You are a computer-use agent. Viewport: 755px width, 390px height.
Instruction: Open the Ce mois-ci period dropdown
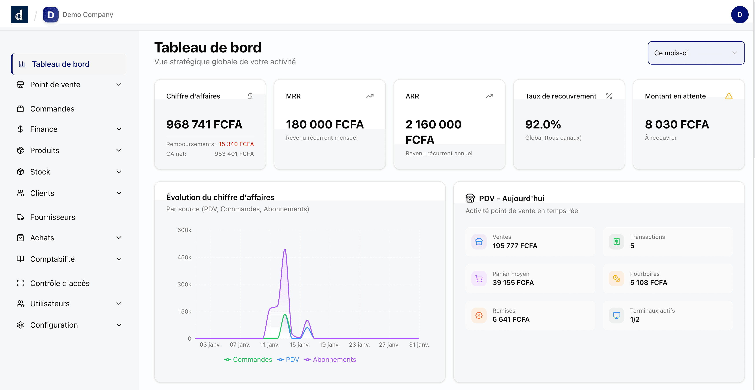(696, 53)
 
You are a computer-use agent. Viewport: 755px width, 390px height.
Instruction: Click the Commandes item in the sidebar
(52, 109)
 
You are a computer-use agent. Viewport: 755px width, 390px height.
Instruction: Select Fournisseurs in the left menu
(52, 217)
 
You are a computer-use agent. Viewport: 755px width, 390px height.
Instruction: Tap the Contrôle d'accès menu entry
(60, 283)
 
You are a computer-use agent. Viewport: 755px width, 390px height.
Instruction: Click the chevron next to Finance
(119, 129)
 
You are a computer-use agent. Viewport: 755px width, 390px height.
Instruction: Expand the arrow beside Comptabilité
(119, 259)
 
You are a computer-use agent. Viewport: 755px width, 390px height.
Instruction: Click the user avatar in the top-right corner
(739, 15)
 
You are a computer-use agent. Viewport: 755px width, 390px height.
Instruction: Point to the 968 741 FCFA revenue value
(204, 124)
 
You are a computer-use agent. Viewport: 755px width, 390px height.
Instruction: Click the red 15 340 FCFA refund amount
(236, 144)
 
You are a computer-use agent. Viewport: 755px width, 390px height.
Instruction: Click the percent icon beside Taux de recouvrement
(609, 96)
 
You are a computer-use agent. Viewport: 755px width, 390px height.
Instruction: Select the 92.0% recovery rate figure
(543, 124)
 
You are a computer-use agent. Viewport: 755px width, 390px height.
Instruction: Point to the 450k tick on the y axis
(184, 257)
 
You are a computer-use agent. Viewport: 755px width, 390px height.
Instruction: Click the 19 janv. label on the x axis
(329, 345)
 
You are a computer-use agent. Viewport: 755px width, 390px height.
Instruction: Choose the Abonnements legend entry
(334, 360)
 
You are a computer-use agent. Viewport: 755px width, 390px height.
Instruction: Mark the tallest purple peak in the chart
(285, 250)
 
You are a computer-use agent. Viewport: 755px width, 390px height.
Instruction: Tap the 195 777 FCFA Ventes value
(515, 246)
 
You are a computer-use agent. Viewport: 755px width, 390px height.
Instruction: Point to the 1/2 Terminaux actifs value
(635, 319)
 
